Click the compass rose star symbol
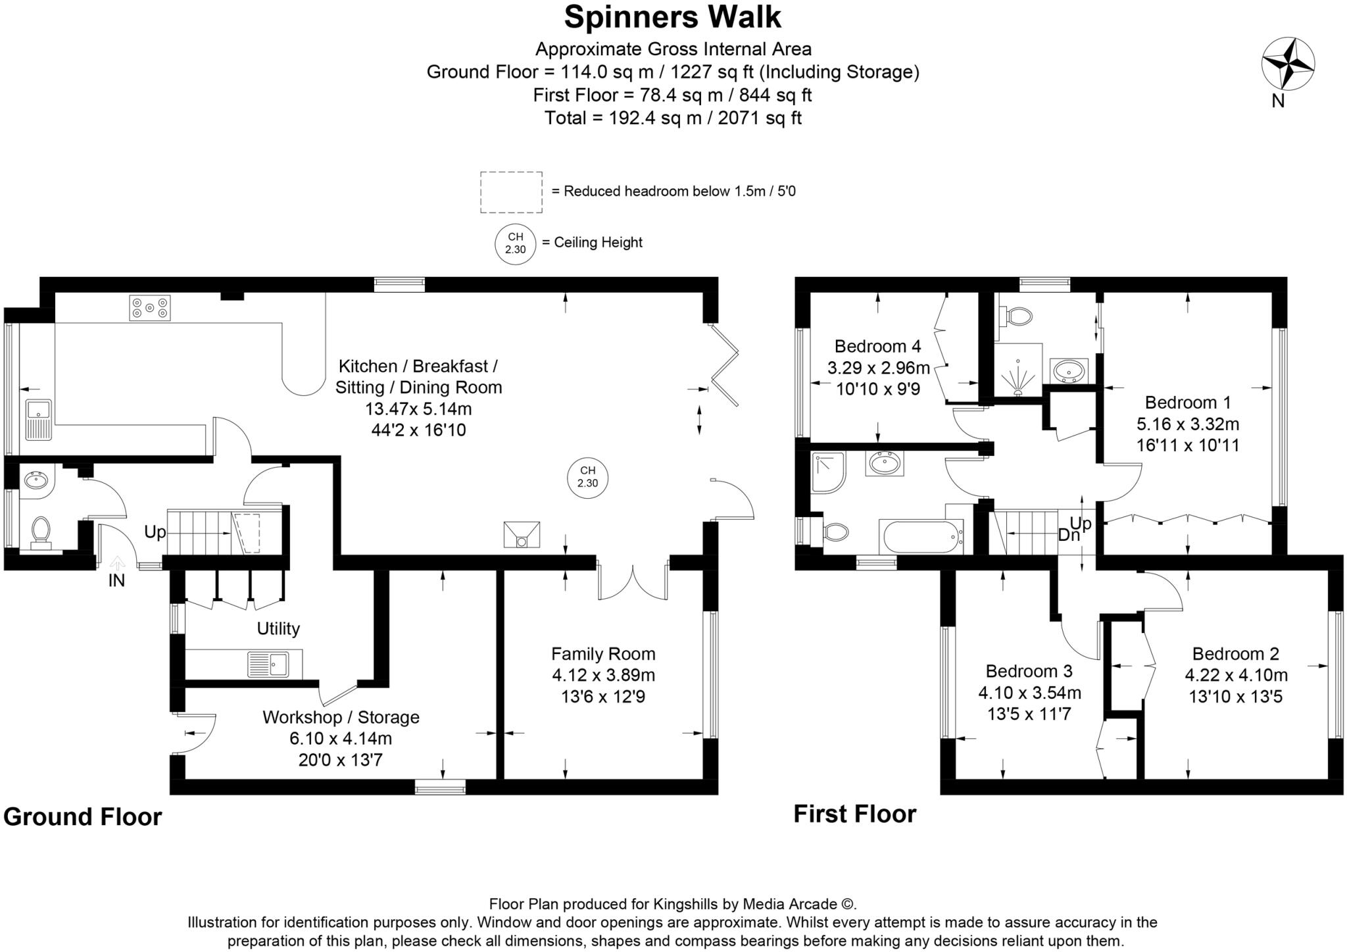(1287, 64)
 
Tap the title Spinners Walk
(672, 17)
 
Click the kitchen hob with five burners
(150, 308)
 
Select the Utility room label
(278, 629)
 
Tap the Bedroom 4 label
(877, 346)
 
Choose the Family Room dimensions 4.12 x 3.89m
(603, 675)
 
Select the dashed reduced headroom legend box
(511, 192)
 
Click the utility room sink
(268, 664)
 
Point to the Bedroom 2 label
(1235, 654)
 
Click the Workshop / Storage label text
(341, 717)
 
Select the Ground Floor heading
(82, 816)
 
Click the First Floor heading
(854, 814)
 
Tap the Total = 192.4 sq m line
(672, 118)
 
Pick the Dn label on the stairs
(1069, 535)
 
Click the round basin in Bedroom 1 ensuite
(1068, 371)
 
